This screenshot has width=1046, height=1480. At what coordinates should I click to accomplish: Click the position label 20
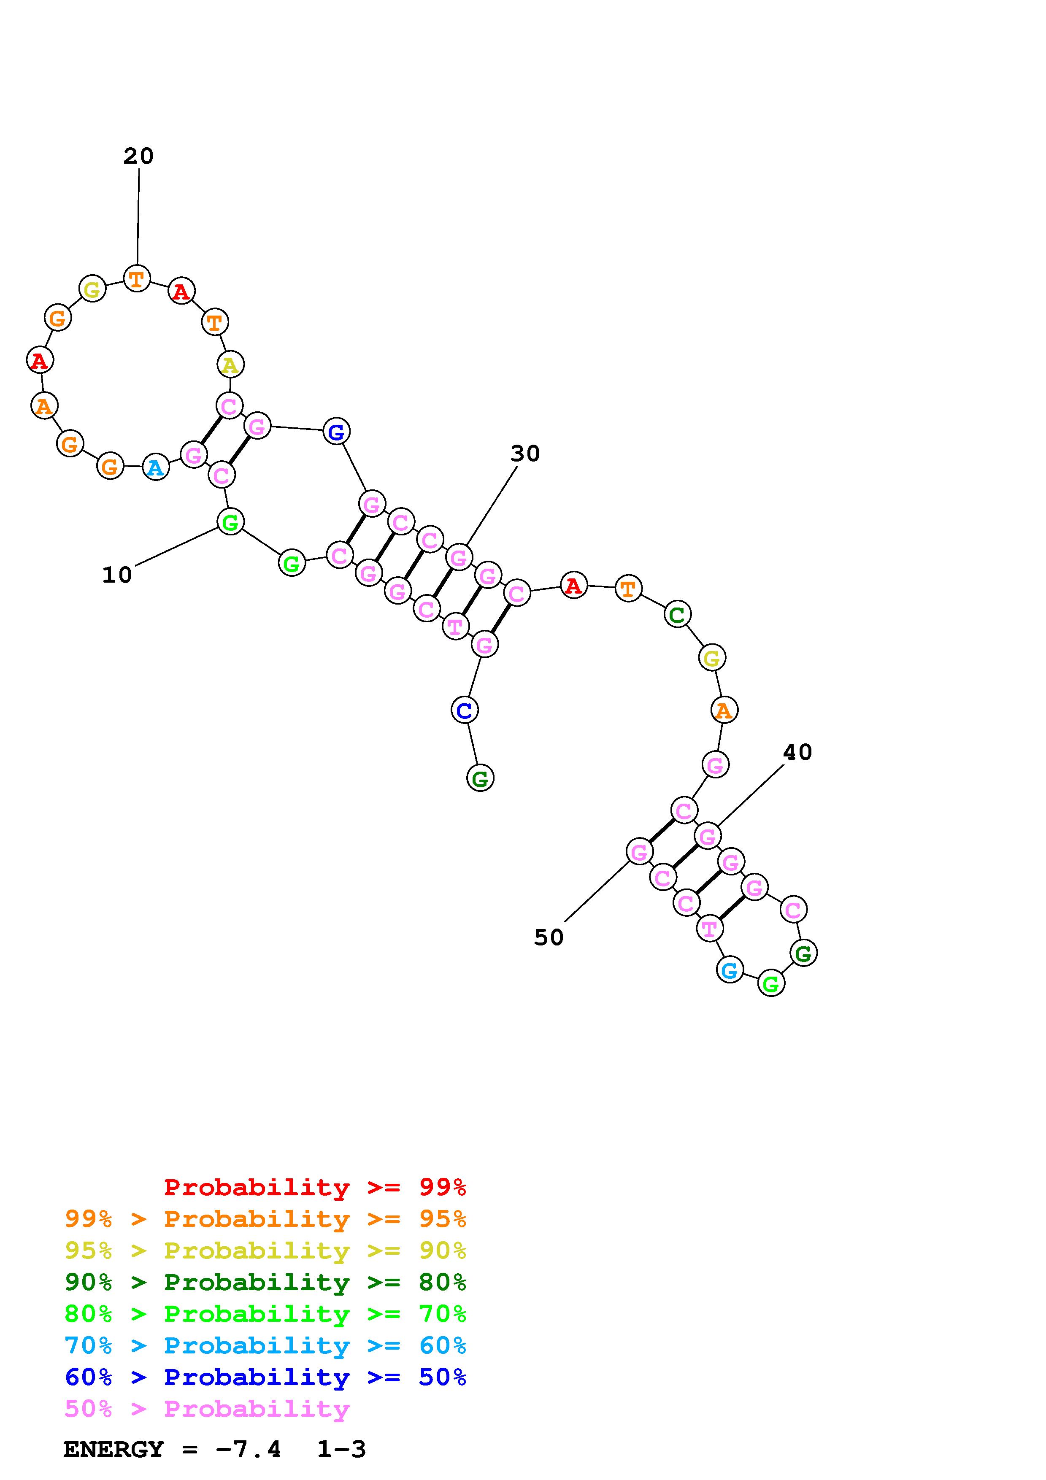138,156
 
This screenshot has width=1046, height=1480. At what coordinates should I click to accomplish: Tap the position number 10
117,574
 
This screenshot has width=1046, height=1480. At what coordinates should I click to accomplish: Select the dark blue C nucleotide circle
464,710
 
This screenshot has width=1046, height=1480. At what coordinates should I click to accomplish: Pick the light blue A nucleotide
155,467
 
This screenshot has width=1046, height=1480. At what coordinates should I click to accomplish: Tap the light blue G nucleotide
730,970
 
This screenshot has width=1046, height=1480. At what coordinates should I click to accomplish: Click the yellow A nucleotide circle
230,365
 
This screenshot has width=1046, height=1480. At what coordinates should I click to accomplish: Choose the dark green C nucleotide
677,614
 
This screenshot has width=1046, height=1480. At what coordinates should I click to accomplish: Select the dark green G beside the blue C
480,779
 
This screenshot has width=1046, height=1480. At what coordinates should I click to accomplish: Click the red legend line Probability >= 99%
315,1187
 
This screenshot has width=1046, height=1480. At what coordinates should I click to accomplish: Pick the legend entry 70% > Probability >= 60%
265,1345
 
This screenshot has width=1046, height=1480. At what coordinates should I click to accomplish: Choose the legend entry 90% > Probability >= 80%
265,1282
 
